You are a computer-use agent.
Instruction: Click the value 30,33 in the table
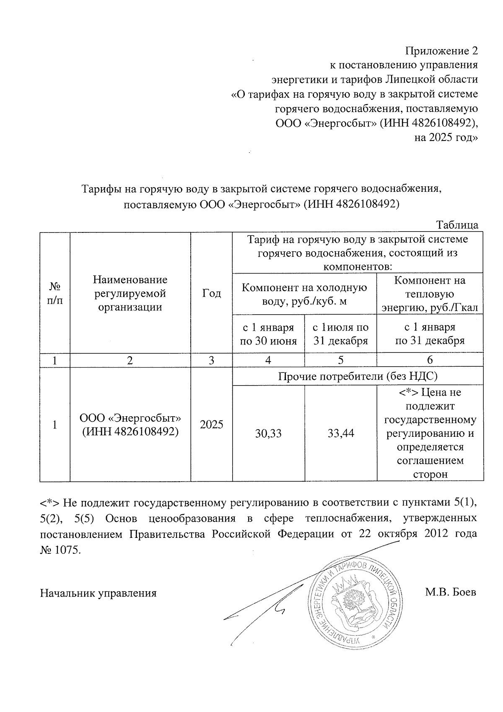(x=268, y=433)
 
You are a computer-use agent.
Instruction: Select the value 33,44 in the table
(x=341, y=433)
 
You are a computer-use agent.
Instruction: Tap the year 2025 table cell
(x=211, y=425)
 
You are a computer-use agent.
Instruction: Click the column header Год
(x=211, y=293)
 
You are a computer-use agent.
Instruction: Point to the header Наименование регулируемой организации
(x=130, y=293)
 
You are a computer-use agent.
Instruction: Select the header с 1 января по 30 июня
(x=268, y=334)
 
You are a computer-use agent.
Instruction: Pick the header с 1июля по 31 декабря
(x=341, y=334)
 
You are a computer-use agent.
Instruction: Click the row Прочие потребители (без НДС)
(x=358, y=376)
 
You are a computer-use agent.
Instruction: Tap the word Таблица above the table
(x=457, y=224)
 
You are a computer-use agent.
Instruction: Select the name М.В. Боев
(x=450, y=593)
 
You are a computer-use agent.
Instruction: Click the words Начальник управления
(x=98, y=593)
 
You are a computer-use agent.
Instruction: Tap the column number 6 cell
(x=430, y=360)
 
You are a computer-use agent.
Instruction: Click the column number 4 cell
(x=268, y=360)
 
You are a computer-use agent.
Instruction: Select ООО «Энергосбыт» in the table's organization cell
(x=130, y=418)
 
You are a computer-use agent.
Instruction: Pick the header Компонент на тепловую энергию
(x=430, y=294)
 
